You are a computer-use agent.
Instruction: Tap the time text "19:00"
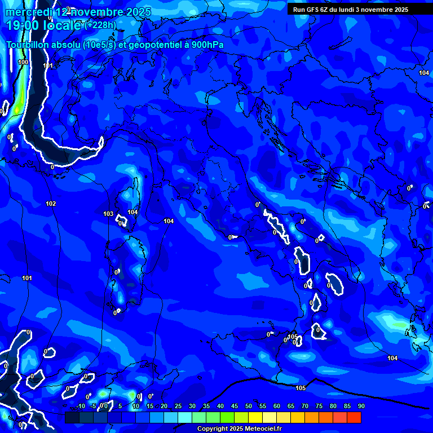coord(23,25)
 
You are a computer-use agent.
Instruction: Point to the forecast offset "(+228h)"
coord(100,25)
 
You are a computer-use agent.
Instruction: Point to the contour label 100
coord(23,62)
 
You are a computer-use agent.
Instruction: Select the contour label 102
coord(51,204)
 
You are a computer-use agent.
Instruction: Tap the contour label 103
coord(108,214)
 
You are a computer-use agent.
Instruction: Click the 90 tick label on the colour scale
coord(361,406)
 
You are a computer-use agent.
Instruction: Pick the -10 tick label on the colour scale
coord(81,406)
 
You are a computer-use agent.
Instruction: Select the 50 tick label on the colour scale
coord(248,406)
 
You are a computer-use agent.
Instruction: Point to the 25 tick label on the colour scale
coord(178,406)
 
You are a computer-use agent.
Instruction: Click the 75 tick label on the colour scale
coord(319,406)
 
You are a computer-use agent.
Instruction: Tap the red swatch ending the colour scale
coord(354,417)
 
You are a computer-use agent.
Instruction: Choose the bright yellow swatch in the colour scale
coord(255,417)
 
